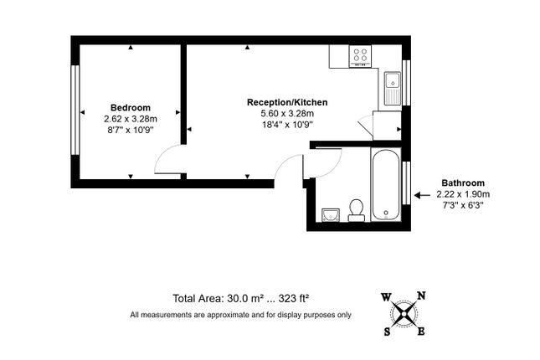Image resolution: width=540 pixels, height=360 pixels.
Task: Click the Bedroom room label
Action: [130, 107]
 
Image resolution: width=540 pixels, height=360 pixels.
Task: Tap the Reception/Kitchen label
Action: [287, 102]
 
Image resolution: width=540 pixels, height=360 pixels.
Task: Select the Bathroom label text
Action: [463, 183]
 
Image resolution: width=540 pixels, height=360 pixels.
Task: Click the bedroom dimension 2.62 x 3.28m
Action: [131, 119]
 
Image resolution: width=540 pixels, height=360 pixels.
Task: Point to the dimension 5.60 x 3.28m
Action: [287, 113]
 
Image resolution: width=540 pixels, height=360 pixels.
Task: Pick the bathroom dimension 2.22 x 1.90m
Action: [463, 194]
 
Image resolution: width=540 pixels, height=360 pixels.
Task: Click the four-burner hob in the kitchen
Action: [360, 56]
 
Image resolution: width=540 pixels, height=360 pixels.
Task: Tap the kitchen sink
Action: [393, 88]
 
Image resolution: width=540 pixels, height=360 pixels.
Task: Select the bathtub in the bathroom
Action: [386, 184]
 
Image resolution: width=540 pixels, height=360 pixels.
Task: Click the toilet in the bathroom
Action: [356, 210]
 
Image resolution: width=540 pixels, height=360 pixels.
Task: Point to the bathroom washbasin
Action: [331, 215]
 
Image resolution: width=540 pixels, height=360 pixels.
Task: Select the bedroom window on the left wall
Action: [75, 110]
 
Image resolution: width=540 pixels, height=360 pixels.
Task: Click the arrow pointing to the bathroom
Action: [422, 195]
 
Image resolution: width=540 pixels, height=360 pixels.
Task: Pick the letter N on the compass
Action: [421, 296]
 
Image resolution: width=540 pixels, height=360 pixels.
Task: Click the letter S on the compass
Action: [387, 332]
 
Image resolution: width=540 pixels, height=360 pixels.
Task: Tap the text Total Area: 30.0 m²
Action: [219, 298]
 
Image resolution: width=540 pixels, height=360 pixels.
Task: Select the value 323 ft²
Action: [293, 298]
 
